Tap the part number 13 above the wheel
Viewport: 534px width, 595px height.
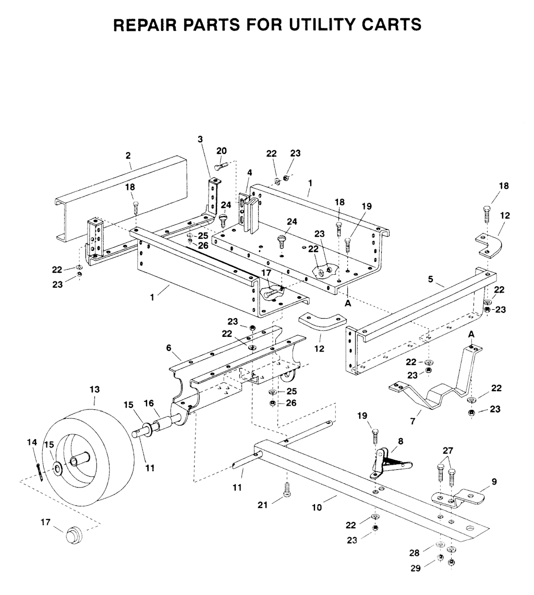(x=94, y=390)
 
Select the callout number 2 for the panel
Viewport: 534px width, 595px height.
(x=128, y=155)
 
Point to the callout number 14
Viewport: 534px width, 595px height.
(x=32, y=442)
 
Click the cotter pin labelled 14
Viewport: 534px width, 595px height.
(x=40, y=472)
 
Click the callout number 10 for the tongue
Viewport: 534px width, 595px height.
(x=317, y=507)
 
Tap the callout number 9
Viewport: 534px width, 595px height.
(x=494, y=481)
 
